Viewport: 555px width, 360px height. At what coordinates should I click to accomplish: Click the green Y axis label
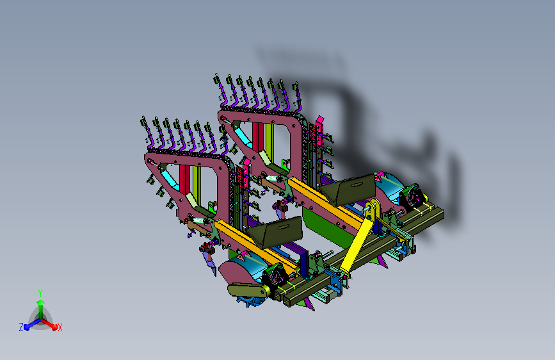click(40, 293)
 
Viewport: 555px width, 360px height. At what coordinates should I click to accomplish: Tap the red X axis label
click(60, 327)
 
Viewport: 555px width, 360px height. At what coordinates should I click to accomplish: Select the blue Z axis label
click(21, 327)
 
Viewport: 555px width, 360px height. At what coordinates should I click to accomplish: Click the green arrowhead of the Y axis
click(41, 302)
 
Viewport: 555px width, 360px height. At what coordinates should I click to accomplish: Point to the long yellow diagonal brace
click(359, 238)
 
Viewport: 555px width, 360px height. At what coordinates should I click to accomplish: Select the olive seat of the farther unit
click(348, 189)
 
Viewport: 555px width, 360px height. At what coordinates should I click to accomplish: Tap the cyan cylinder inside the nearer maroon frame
click(170, 179)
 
